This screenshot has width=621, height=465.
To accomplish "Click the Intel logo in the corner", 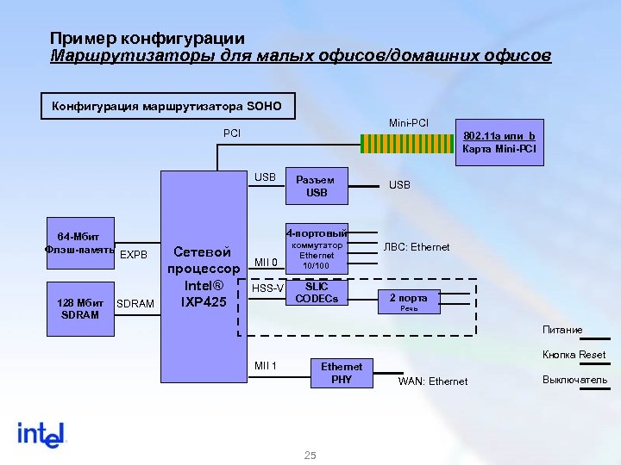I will [41, 434].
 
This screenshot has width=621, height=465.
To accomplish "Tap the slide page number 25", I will [310, 456].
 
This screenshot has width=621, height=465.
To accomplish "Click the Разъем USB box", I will [317, 186].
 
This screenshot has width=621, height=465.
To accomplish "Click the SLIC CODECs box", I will [317, 292].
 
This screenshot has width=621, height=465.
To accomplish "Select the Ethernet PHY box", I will [342, 372].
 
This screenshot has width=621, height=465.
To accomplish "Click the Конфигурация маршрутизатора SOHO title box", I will [167, 107].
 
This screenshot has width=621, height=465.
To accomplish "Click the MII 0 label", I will [266, 263].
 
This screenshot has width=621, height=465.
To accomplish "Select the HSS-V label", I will [267, 288].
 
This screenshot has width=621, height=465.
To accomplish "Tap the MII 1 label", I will [266, 366].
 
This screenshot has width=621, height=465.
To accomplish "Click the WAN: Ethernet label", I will [433, 381].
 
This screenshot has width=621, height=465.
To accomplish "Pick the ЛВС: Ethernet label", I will [417, 247].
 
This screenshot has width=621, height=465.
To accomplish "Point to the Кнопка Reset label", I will [574, 355].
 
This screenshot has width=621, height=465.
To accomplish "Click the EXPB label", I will [134, 255].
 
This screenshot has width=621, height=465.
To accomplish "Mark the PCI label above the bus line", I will [232, 133].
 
